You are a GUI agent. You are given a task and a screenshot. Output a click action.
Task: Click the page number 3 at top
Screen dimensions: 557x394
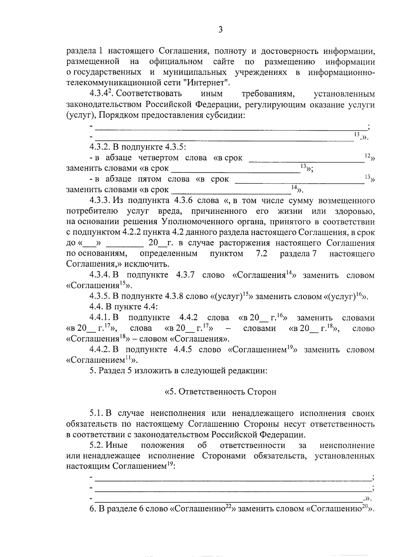point(220,30)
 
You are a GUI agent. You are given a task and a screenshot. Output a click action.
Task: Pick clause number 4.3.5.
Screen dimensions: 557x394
point(100,297)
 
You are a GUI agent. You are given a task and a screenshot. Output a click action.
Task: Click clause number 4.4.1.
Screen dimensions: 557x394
point(100,318)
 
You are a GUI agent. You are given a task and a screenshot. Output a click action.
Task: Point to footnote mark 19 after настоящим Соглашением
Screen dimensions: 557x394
point(170,464)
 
